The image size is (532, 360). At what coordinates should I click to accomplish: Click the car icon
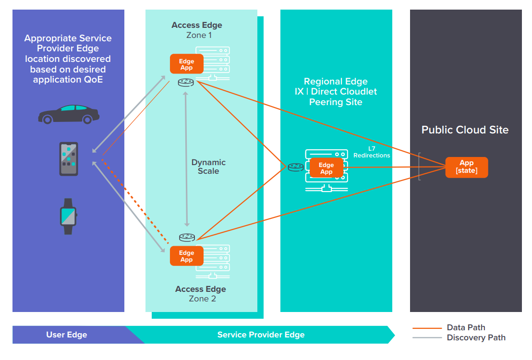tap(69, 114)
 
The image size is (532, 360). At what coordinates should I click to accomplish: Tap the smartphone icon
tap(69, 159)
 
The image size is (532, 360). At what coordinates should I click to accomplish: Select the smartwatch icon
tap(68, 216)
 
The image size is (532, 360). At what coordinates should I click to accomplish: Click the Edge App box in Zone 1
tap(186, 64)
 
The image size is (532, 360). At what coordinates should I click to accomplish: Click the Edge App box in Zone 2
tap(186, 256)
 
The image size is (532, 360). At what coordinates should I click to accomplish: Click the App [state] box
tap(466, 167)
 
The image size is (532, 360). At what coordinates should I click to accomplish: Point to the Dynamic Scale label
tap(208, 167)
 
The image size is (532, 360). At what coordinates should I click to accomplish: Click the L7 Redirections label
tap(372, 152)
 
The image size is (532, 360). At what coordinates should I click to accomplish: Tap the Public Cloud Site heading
tap(465, 130)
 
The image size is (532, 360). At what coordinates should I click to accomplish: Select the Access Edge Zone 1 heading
tap(197, 30)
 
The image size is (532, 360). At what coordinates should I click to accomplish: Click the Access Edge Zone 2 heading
tap(201, 294)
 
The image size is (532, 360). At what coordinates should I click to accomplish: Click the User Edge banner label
tap(67, 335)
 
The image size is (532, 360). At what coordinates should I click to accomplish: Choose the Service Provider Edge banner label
tap(261, 335)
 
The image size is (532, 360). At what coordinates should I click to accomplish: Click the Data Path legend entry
tap(466, 328)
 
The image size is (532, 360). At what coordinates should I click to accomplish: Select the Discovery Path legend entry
tap(476, 337)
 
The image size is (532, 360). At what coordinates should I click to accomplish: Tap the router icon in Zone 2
tap(187, 238)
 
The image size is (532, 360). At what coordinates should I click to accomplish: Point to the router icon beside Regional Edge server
tap(295, 167)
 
